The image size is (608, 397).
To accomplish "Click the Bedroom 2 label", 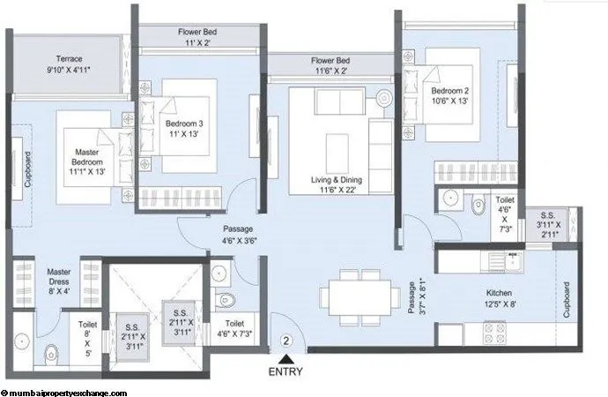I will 450,96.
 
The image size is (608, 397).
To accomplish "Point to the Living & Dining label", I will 337,184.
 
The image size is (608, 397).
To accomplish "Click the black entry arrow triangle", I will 285,358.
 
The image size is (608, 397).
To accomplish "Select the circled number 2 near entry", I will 285,339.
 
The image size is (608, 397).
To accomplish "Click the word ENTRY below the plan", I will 285,372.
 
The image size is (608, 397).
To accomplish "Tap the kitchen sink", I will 508,260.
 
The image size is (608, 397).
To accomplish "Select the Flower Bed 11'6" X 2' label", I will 332,66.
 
